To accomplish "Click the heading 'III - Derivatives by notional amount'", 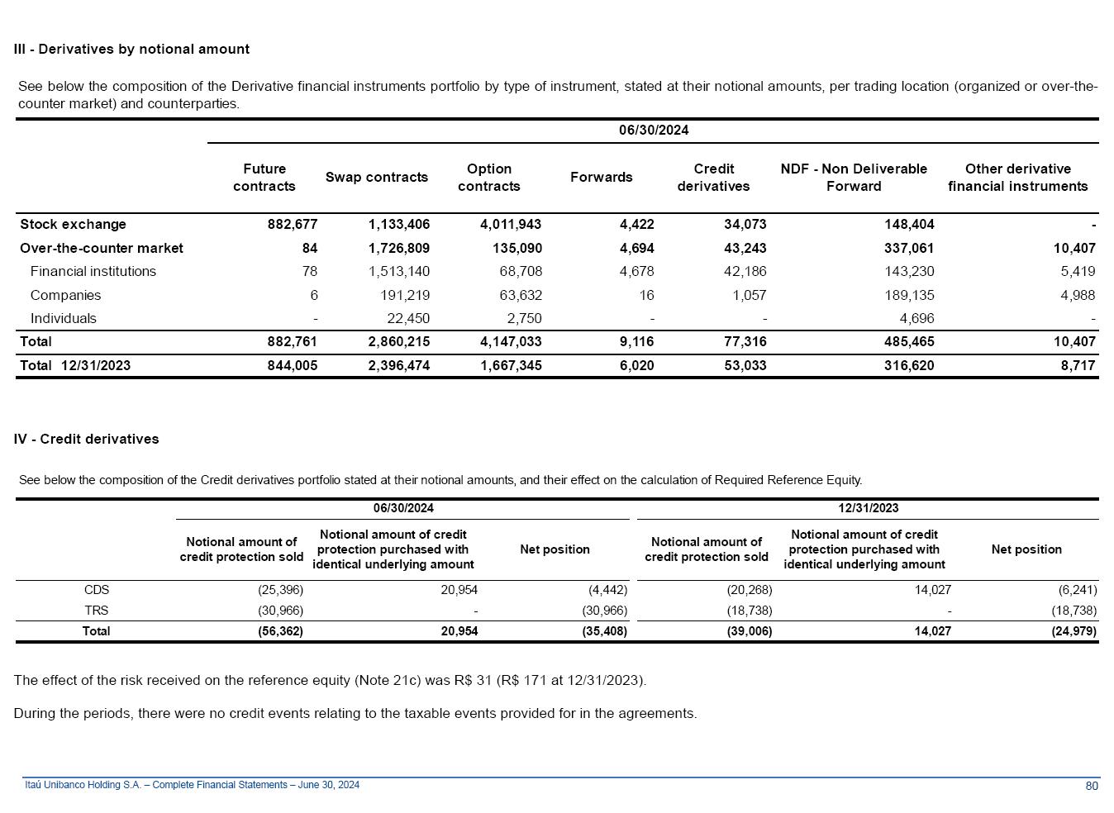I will [131, 49].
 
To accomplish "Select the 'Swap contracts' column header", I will [376, 177].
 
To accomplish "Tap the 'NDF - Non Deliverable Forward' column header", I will [854, 178].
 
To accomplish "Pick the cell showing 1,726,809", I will [398, 248].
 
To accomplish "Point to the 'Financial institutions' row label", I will [93, 271].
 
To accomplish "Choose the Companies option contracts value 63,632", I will [515, 295].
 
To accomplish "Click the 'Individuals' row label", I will [63, 318].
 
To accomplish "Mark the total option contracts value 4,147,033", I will [510, 341].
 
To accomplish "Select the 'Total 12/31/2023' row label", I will [75, 365].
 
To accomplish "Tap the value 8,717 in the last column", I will [1078, 365].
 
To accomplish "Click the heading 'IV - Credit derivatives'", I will [86, 439].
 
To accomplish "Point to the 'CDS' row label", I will [97, 590].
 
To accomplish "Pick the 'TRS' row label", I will [97, 611].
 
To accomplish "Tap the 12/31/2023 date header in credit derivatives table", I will [868, 508].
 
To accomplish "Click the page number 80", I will [1091, 786].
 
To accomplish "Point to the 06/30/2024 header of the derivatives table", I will [653, 130].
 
